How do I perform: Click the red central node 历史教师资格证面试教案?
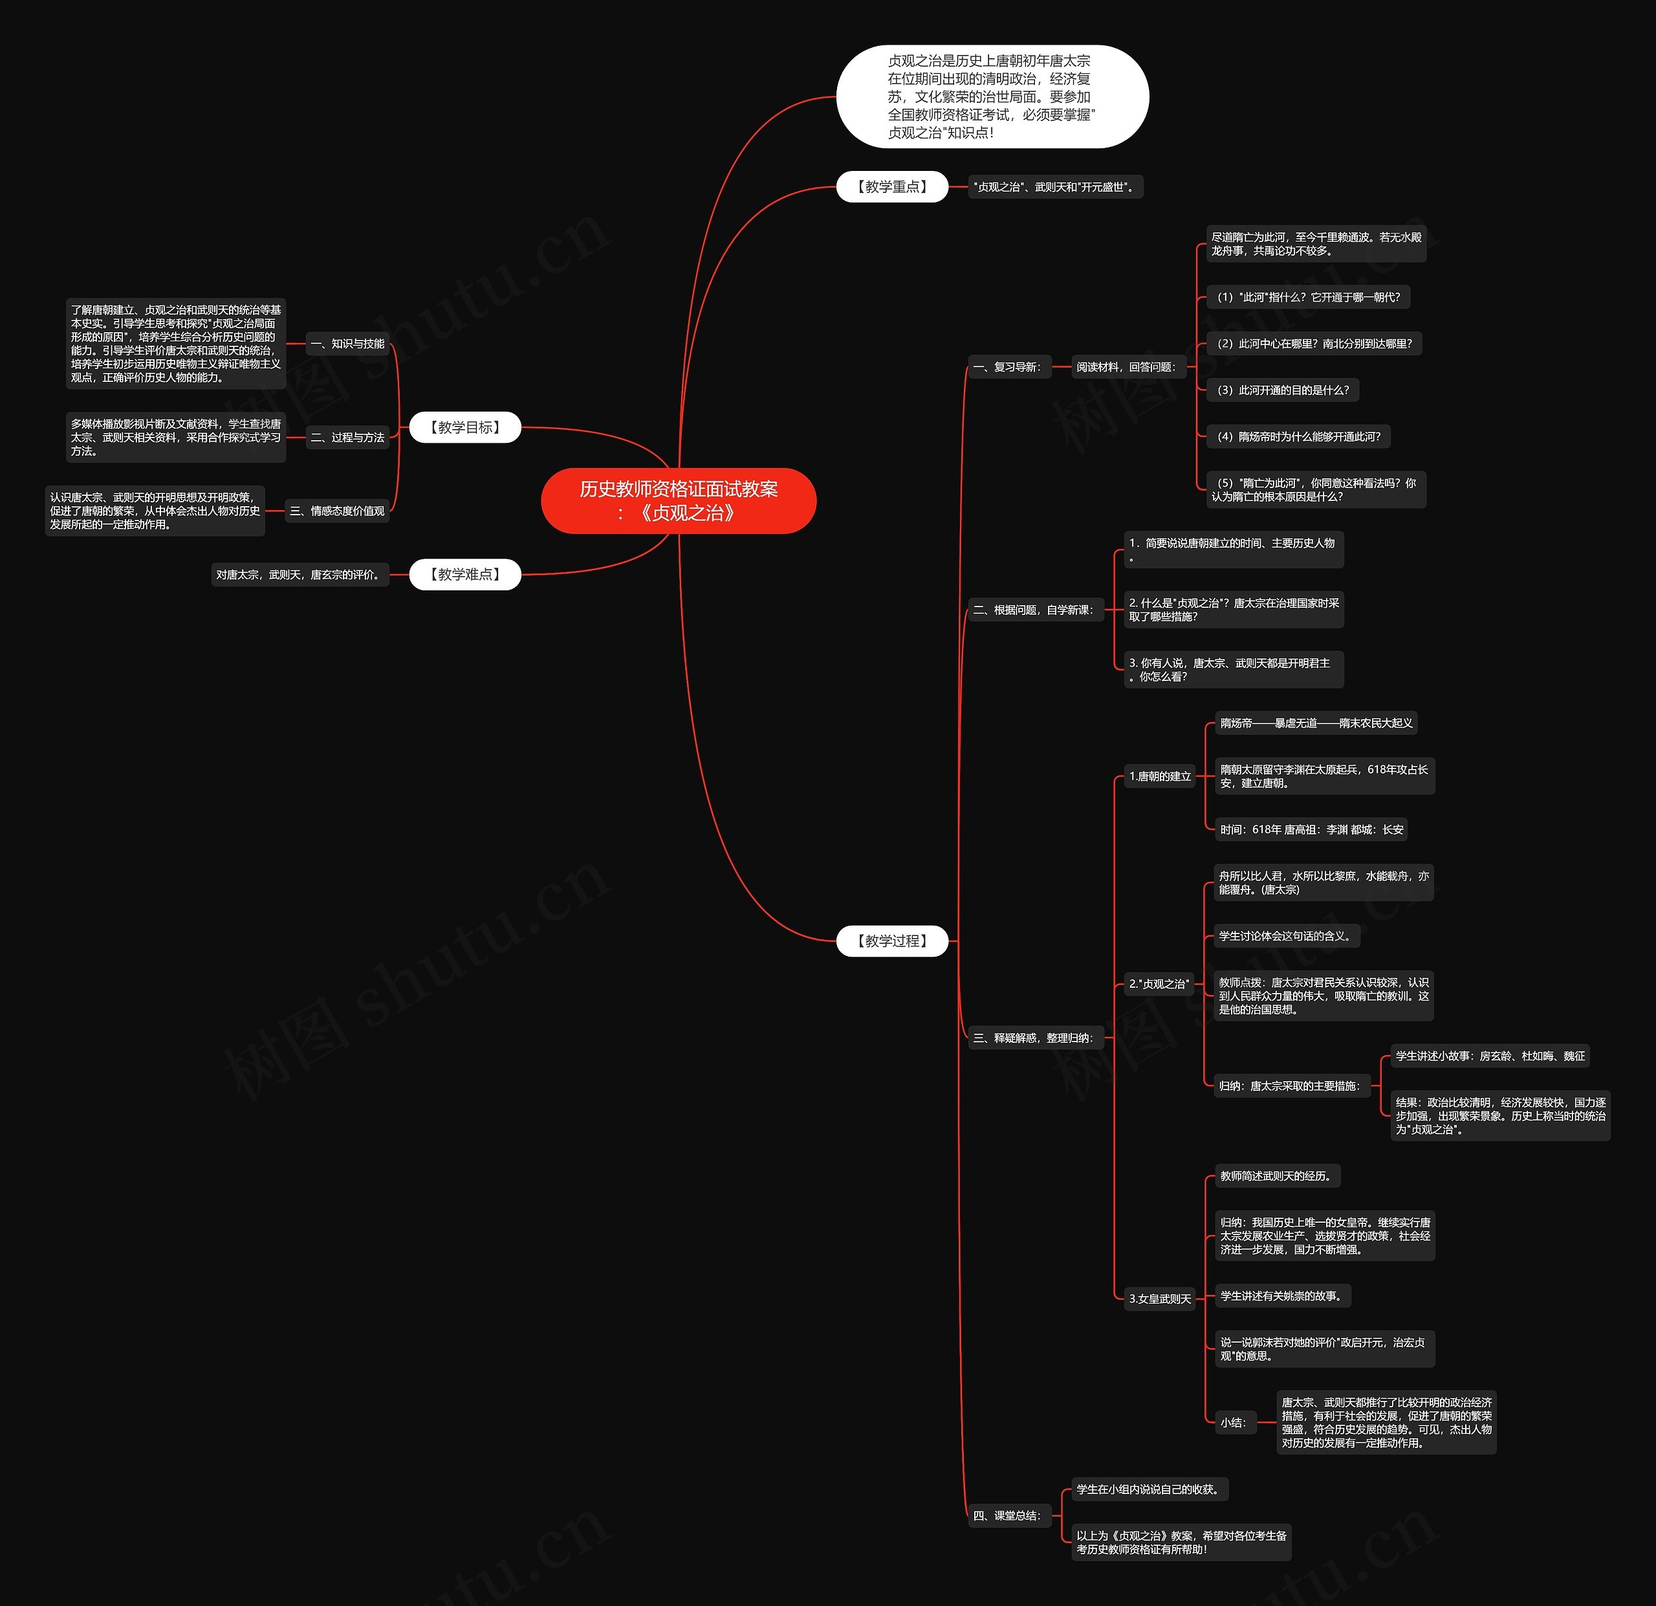point(679,500)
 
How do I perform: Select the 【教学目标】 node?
point(464,428)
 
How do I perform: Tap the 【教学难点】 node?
point(464,575)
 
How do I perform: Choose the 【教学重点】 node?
point(892,187)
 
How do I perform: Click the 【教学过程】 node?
point(892,941)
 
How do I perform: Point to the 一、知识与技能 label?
point(347,344)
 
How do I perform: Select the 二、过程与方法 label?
point(347,438)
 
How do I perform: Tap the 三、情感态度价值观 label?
point(337,511)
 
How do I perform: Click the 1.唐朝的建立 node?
point(1160,776)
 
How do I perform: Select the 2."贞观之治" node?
point(1159,984)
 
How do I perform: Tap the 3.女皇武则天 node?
point(1160,1299)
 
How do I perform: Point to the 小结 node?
point(1234,1423)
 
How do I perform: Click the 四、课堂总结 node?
point(1008,1515)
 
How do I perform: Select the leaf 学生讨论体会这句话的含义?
point(1286,936)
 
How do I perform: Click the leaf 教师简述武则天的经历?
point(1277,1176)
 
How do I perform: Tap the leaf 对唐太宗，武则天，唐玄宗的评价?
point(299,575)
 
